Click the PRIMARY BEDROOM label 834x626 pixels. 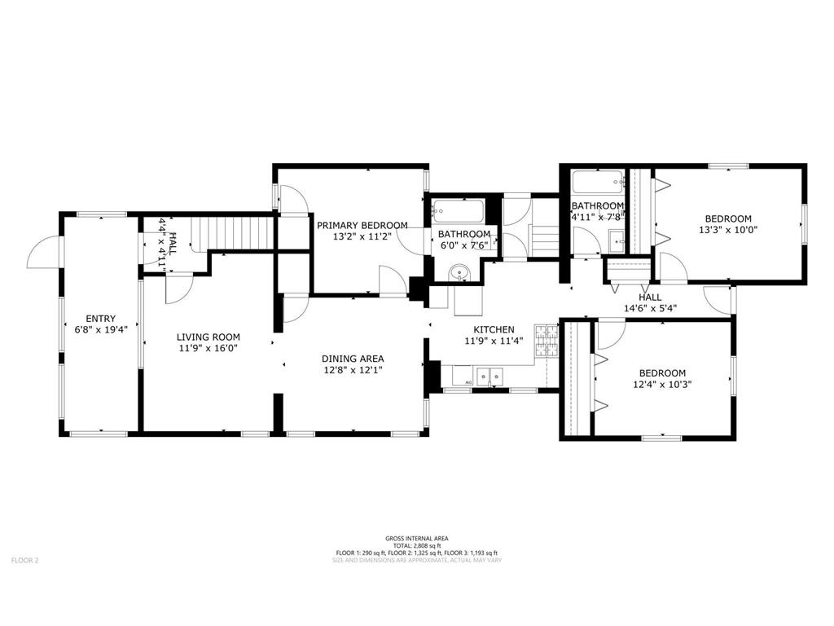click(x=362, y=225)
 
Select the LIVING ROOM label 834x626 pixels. click(x=209, y=337)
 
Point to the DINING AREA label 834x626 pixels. click(x=353, y=358)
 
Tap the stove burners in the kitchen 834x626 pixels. click(x=546, y=342)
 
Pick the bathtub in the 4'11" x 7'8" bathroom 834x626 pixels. click(x=598, y=181)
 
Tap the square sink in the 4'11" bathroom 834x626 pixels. click(x=617, y=240)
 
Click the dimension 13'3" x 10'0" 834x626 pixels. click(x=728, y=230)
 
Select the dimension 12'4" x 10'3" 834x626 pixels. click(x=661, y=384)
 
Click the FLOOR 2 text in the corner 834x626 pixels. click(x=24, y=560)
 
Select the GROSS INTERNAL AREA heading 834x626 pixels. click(x=416, y=538)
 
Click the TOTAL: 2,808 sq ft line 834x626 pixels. click(x=416, y=545)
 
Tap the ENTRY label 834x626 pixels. click(x=102, y=319)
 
